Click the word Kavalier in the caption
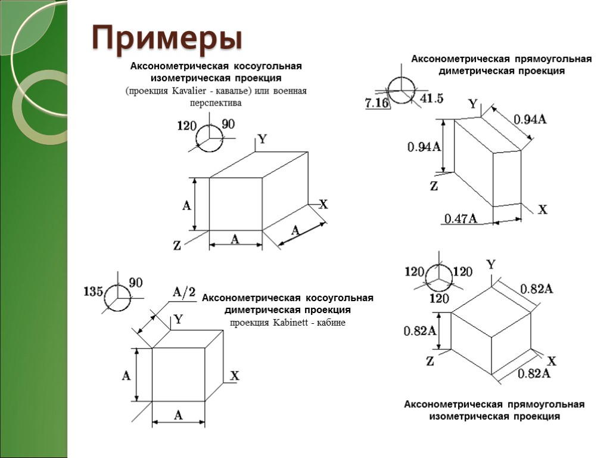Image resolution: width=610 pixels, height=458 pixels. click(188, 91)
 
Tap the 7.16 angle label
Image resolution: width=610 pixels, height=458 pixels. click(376, 103)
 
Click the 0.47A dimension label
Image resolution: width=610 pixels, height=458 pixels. click(460, 219)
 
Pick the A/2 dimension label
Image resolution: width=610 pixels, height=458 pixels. click(183, 292)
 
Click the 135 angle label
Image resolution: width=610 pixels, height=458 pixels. click(93, 292)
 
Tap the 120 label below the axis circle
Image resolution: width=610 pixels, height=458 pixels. click(438, 298)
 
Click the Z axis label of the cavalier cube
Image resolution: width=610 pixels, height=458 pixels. click(177, 245)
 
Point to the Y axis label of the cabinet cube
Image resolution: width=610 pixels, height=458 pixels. click(178, 320)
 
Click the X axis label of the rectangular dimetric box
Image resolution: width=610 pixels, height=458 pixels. click(542, 210)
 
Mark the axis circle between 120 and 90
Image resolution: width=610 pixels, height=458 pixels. click(209, 138)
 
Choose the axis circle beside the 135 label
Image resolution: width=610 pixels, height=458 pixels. click(117, 296)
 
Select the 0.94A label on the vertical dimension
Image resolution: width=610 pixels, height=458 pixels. click(424, 147)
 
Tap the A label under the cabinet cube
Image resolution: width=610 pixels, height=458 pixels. click(178, 416)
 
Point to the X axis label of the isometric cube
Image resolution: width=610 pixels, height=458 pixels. click(552, 361)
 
